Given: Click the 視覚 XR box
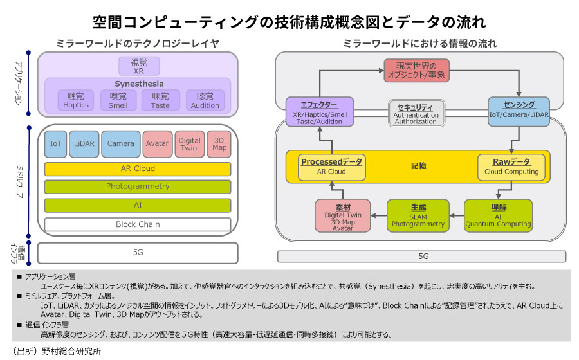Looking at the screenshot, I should point(138,66).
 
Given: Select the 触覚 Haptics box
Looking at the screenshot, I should point(76,100).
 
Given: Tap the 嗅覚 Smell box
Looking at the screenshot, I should point(118,100).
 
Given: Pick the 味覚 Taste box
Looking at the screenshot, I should point(160,100).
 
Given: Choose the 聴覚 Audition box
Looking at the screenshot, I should point(205,100).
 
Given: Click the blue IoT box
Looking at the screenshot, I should point(55,143).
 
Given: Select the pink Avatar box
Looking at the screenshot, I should point(157,143).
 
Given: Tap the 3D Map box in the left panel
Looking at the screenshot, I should point(219,143).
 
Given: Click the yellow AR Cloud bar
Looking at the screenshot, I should point(138,169).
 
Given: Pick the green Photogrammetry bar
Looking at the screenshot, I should point(138,186).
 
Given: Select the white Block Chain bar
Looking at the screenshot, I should point(138,224).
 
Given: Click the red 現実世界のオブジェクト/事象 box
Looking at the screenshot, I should point(416,70).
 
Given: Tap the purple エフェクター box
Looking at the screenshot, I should point(320,112).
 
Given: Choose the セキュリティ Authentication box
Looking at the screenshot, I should point(416,113).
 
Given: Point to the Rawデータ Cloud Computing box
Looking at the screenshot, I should point(511,166).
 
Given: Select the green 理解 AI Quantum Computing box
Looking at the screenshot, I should point(498,216).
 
